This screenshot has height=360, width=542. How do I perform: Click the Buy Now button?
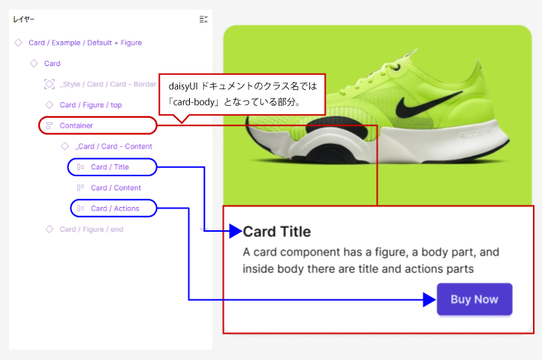474,299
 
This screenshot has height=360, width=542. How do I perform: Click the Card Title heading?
277,232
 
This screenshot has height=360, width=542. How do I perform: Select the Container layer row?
76,125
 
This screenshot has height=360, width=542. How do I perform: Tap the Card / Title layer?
110,166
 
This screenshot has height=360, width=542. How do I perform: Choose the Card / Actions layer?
115,208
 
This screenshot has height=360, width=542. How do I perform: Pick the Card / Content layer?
116,187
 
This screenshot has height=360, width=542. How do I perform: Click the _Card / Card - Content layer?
113,146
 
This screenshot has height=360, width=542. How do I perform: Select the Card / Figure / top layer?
91,105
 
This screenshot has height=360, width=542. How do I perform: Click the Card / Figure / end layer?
92,229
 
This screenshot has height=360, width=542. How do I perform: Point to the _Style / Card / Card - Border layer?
108,84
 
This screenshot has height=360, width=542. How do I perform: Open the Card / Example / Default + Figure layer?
85,43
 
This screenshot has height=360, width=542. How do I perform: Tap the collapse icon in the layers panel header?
203,19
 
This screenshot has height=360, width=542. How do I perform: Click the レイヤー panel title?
23,19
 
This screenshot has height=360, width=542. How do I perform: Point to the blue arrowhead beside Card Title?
236,231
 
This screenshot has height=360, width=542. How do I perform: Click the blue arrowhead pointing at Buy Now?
429,299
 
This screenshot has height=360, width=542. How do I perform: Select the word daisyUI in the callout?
183,86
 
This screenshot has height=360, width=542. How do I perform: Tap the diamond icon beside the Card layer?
34,63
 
